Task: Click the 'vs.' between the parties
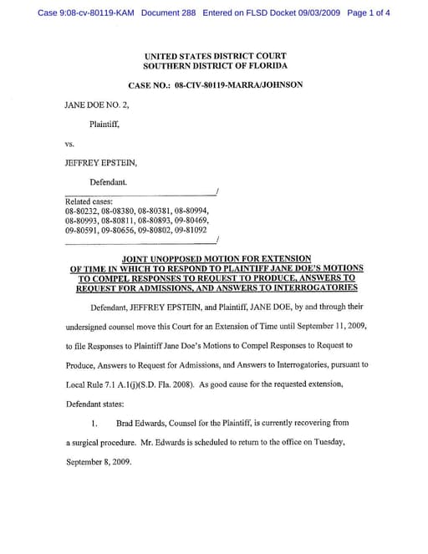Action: tap(69, 144)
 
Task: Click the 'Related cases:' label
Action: tap(89, 201)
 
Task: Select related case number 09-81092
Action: tap(190, 229)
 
